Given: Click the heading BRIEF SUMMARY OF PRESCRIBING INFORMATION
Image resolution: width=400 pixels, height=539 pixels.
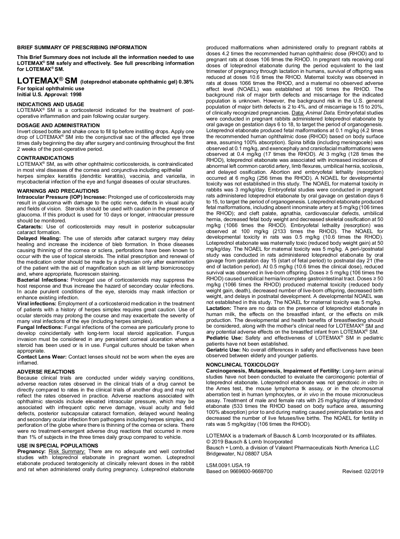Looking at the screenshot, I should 82,48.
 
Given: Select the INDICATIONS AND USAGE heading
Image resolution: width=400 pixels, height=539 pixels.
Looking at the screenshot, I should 50,104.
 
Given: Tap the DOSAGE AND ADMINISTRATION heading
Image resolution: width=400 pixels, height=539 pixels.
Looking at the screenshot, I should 58,125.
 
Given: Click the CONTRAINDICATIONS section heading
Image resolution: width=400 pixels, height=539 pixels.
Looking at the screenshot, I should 45,158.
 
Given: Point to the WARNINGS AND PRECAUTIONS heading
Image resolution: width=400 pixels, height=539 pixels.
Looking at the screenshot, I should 58,191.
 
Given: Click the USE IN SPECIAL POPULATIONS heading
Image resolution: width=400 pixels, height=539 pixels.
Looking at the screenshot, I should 57,445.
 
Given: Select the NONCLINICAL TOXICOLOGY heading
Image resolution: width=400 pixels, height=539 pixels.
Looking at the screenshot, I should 242,365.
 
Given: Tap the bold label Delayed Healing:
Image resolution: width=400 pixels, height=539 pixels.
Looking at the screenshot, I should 39,238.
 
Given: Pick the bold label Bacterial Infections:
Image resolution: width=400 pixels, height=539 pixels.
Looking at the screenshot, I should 43,280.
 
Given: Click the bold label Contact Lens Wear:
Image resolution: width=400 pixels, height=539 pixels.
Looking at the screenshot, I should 42,357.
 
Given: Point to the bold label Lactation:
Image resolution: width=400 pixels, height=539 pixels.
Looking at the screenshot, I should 219,308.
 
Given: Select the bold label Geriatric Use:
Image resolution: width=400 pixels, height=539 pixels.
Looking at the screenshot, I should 223,350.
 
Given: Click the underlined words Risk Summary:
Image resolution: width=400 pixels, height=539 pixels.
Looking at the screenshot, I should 67,451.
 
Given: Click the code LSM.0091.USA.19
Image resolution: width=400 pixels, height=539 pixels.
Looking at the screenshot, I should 228,465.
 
